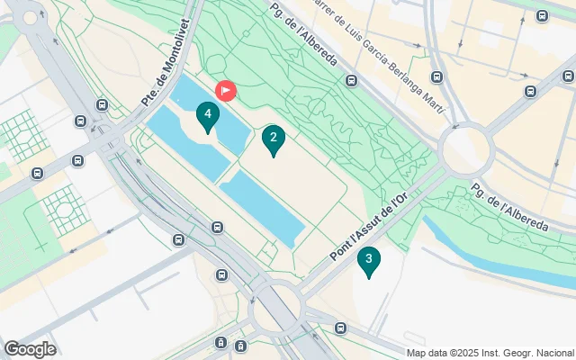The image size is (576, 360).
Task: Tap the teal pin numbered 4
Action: tap(208, 115)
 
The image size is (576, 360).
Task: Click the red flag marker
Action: tap(225, 90)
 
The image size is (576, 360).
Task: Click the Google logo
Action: tap(30, 349)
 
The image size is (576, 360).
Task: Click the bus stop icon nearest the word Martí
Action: tap(436, 77)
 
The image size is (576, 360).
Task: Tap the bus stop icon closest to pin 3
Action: tap(339, 328)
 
